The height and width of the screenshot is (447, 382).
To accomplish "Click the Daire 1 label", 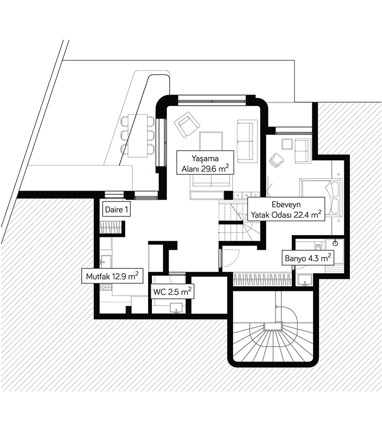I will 116,209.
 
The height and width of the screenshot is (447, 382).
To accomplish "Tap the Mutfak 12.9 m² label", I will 112,276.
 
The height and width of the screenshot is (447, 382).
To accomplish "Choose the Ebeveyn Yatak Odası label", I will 285,209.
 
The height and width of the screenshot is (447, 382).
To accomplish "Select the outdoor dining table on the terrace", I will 138,135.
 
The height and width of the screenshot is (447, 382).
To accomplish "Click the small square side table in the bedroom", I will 287,144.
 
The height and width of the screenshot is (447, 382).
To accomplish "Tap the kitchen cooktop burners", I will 106,287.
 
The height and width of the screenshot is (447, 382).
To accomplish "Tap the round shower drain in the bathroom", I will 335,243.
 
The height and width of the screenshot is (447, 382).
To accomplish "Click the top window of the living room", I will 213,99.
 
